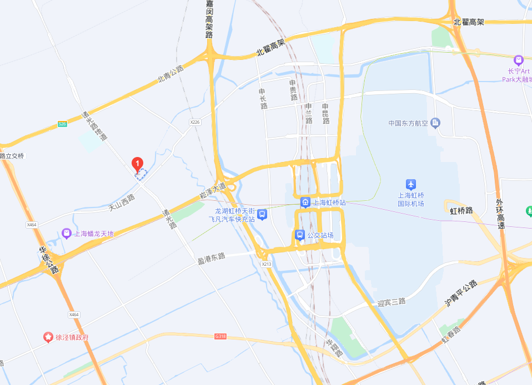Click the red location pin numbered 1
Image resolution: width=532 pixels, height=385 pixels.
point(137,164)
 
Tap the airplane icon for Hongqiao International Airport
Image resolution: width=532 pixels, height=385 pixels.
point(410,184)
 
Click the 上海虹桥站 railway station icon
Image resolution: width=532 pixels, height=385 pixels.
point(305,202)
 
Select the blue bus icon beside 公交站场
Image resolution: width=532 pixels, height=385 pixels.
point(299,235)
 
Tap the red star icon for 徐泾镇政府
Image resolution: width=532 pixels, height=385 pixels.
point(48,337)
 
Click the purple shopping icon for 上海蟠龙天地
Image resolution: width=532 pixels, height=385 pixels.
point(67,234)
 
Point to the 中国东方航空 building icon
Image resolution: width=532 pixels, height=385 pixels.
point(435,123)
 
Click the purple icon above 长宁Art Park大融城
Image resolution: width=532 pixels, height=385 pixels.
point(519,60)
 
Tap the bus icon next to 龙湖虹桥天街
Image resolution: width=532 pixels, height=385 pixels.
point(262,214)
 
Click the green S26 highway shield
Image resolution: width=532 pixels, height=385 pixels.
point(63,124)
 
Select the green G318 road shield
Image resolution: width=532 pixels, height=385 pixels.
point(221,336)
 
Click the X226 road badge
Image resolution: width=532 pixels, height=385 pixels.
point(194,122)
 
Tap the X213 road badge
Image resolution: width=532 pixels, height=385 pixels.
point(267,264)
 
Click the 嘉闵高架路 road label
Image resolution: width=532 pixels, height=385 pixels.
point(209,19)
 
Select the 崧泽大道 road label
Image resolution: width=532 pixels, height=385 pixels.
point(213,190)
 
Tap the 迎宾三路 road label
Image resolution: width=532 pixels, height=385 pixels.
point(392,302)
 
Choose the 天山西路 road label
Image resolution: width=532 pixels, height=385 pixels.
point(122,202)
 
